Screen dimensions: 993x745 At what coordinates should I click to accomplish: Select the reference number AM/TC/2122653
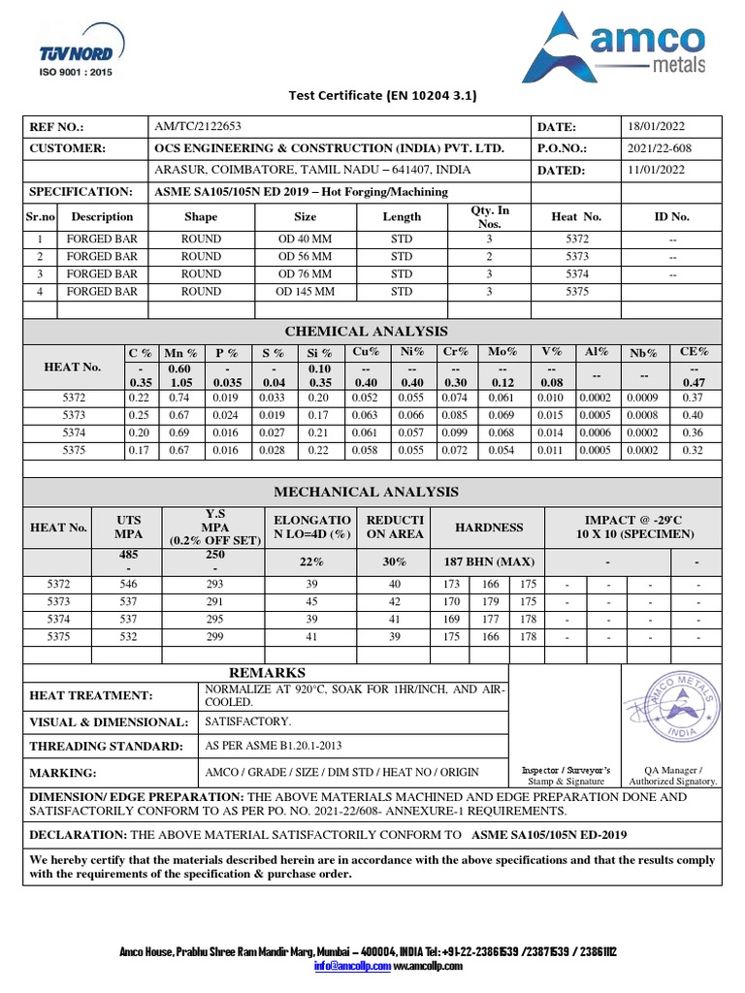coord(198,127)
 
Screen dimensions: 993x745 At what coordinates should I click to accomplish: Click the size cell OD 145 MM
coord(305,291)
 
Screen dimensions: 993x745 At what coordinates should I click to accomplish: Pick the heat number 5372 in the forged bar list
coord(576,239)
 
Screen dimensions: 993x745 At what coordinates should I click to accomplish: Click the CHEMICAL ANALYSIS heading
coord(373,332)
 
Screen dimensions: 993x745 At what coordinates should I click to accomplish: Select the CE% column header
coord(694,353)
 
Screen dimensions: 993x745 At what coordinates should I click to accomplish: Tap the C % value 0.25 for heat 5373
coord(139,416)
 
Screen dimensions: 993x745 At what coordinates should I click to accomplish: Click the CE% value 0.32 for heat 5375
coord(694,451)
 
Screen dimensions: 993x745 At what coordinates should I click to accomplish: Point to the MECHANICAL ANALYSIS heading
coord(373,492)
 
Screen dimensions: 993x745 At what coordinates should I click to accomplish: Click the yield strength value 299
coord(214,637)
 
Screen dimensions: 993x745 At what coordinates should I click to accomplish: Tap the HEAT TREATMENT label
coord(91,695)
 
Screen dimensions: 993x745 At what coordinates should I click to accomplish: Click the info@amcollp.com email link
coord(351,966)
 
